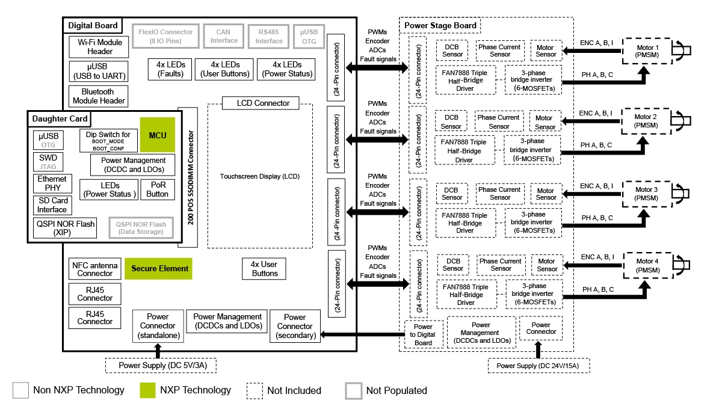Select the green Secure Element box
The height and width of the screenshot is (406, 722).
tap(159, 269)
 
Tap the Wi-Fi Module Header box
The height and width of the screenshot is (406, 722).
tap(99, 47)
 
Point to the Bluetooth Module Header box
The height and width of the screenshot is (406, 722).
tap(99, 96)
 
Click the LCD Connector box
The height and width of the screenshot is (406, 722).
tap(263, 103)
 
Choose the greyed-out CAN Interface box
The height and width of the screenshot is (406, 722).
tap(224, 36)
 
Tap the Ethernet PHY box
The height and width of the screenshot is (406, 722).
tap(52, 183)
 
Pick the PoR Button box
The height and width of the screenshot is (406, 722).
tap(157, 189)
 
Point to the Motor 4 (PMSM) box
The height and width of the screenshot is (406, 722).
tap(647, 265)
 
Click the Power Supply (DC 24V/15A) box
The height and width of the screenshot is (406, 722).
tap(538, 365)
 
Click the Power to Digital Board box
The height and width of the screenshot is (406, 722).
tap(424, 335)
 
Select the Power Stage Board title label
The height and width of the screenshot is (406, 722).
tap(440, 25)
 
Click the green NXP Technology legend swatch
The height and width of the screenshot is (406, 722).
tap(147, 390)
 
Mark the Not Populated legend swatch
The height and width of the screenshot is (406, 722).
tap(353, 390)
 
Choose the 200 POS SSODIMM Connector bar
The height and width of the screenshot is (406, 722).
tap(188, 177)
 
